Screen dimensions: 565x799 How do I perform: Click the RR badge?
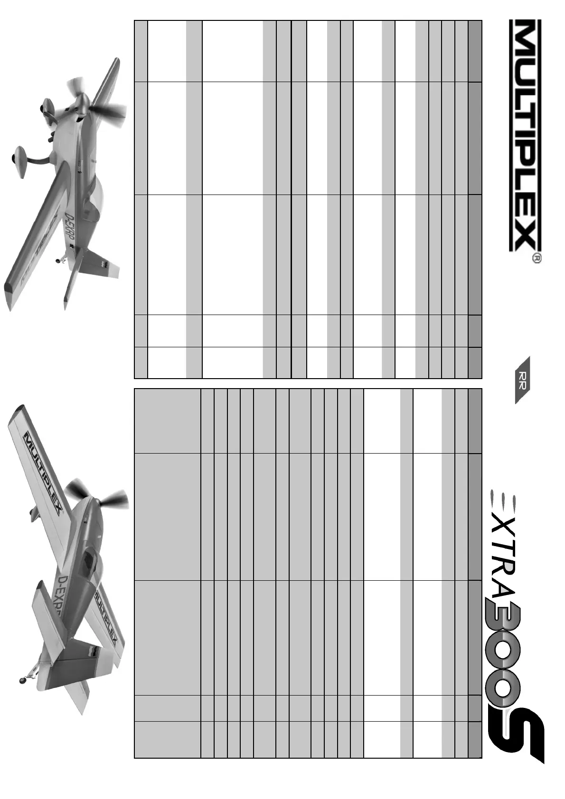[x=522, y=380]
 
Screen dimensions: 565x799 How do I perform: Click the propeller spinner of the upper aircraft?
[x=83, y=102]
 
